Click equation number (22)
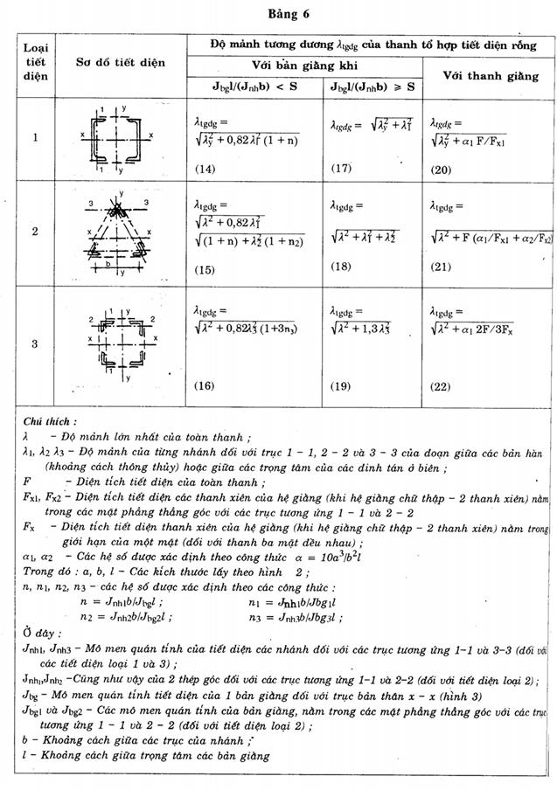[x=441, y=384]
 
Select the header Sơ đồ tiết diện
[x=119, y=62]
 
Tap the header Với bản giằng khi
[x=304, y=65]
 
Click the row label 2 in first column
[x=35, y=232]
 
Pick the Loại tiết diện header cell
[x=35, y=61]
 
